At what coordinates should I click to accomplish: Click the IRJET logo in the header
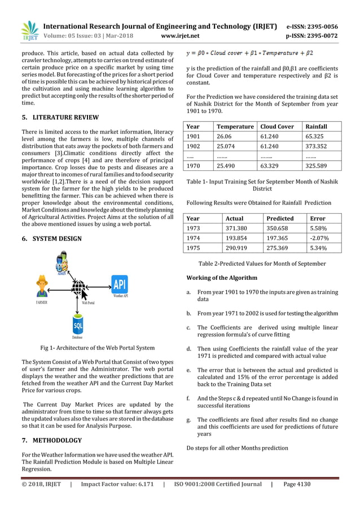click(29, 31)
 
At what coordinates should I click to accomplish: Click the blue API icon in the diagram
click(120, 284)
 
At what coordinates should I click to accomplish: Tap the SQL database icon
click(78, 326)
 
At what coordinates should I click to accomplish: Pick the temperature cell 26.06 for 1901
click(226, 136)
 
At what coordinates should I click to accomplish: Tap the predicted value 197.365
click(278, 238)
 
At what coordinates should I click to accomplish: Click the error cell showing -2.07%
click(319, 238)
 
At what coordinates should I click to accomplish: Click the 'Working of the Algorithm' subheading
click(222, 278)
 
